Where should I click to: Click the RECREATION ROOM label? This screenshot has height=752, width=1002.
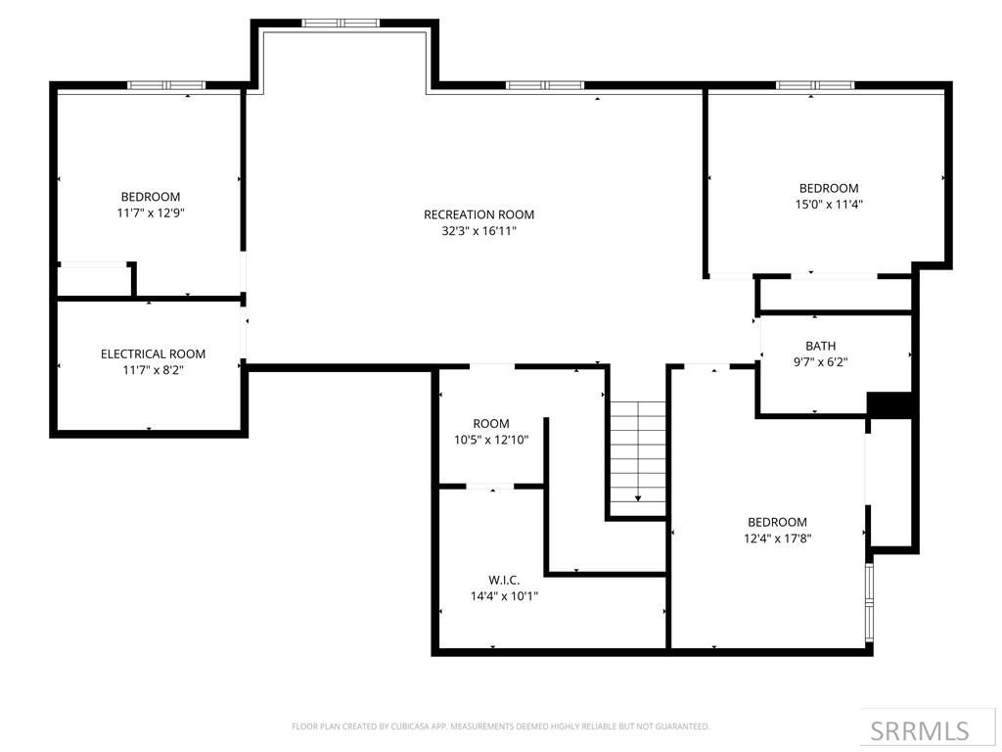click(478, 214)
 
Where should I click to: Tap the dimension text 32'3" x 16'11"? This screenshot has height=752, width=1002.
click(478, 231)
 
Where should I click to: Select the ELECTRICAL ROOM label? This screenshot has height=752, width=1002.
click(153, 353)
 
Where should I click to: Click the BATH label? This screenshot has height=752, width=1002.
click(820, 346)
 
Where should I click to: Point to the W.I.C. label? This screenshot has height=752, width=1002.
click(504, 580)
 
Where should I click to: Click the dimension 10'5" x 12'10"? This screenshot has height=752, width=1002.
click(491, 440)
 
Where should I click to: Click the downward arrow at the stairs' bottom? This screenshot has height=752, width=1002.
click(638, 498)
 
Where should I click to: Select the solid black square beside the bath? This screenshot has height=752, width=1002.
click(889, 404)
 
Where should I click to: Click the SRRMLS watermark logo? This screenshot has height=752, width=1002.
click(919, 730)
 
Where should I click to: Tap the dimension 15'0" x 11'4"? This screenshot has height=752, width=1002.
click(830, 205)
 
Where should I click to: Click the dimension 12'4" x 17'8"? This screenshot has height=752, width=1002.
click(779, 538)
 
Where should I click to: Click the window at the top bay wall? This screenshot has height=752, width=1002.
click(340, 23)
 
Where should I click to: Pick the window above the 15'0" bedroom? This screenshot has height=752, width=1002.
click(815, 85)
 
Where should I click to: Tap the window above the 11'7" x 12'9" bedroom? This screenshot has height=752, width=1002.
click(165, 85)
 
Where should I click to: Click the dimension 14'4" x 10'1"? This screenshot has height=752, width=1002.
click(504, 595)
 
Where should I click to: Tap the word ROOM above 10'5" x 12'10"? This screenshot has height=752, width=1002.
click(491, 423)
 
